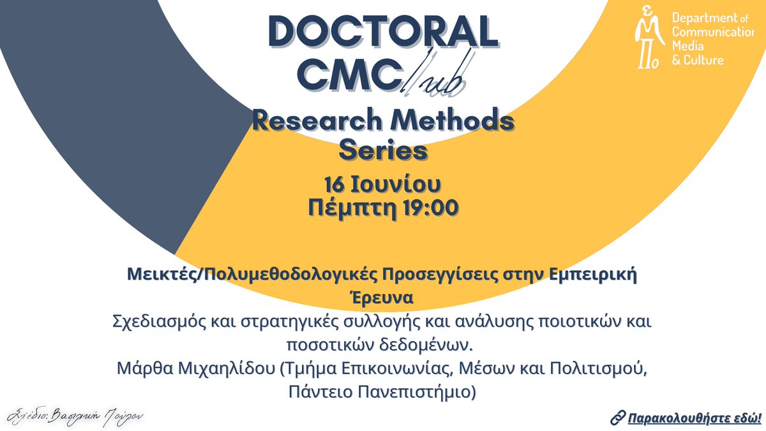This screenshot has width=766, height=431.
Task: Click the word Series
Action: tap(382, 151)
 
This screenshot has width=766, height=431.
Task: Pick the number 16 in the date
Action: tap(336, 186)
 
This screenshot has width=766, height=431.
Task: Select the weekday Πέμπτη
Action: tap(348, 208)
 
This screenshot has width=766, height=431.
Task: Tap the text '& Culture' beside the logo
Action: tap(698, 60)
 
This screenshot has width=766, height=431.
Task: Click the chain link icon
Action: tap(617, 418)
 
